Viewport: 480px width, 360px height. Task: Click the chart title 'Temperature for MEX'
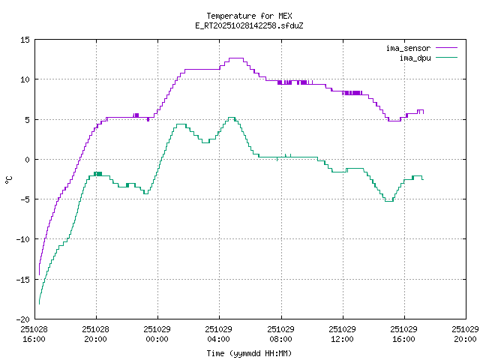[x=249, y=16]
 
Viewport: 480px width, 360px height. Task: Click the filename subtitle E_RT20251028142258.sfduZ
[x=249, y=25]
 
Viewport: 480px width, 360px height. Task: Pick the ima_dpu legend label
[x=413, y=57]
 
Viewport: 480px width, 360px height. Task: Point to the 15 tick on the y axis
[x=25, y=40]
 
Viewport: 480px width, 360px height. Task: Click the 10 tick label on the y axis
[x=25, y=79]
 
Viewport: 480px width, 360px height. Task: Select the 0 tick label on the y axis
[x=28, y=159]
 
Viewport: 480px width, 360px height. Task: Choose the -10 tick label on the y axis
[x=23, y=239]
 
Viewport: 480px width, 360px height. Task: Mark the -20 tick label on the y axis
[x=23, y=319]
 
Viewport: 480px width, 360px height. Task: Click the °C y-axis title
[x=9, y=179]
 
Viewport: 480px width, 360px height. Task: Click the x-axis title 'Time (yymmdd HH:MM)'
[x=249, y=353]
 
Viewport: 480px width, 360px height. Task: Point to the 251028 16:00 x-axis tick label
[x=34, y=334]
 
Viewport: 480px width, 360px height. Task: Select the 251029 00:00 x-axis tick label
[x=157, y=334]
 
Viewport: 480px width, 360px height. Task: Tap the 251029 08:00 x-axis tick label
[x=280, y=334]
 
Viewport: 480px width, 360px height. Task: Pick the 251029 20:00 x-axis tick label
[x=466, y=334]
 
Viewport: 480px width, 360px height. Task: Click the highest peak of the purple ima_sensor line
[x=236, y=58]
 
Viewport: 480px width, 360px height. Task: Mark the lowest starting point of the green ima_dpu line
[x=39, y=303]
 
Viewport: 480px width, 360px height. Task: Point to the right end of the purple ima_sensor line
[x=423, y=112]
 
